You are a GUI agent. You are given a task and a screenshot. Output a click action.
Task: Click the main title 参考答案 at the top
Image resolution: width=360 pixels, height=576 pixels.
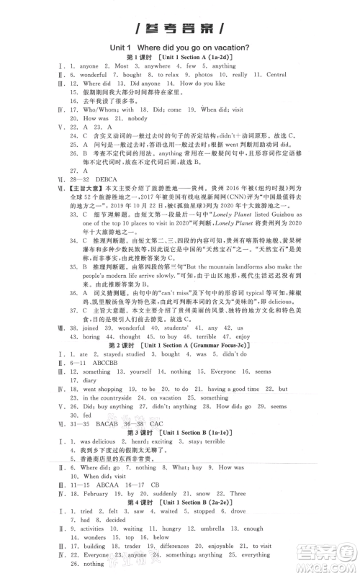pos(179,28)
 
